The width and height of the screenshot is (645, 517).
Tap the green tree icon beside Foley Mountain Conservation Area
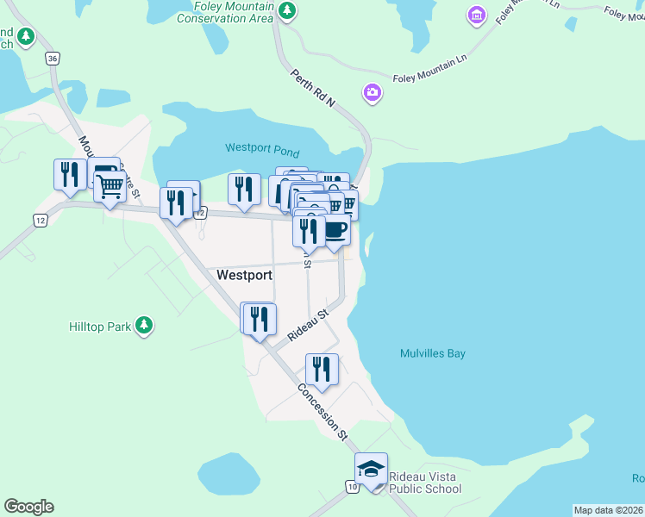(288, 11)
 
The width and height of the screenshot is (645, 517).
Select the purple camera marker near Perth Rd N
(373, 92)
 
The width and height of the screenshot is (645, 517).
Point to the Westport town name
(245, 276)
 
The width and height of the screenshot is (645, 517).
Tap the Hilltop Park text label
(99, 327)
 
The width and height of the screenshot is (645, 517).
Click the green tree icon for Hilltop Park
(145, 325)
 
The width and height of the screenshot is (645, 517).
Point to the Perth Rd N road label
(312, 90)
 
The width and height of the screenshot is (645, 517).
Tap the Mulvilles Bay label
(433, 353)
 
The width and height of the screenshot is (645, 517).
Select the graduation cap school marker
(371, 469)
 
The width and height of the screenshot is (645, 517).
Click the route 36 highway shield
(53, 59)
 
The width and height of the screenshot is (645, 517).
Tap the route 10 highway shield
(354, 488)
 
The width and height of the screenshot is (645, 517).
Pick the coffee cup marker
(335, 230)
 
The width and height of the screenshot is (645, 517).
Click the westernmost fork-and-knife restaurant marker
(67, 174)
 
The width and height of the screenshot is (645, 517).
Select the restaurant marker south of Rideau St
(322, 369)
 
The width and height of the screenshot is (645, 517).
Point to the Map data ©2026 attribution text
(609, 510)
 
